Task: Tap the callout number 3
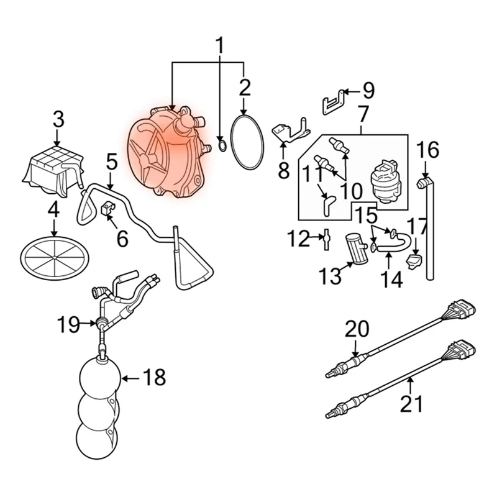(58, 119)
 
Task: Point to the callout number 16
(427, 150)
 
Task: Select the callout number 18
(155, 377)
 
